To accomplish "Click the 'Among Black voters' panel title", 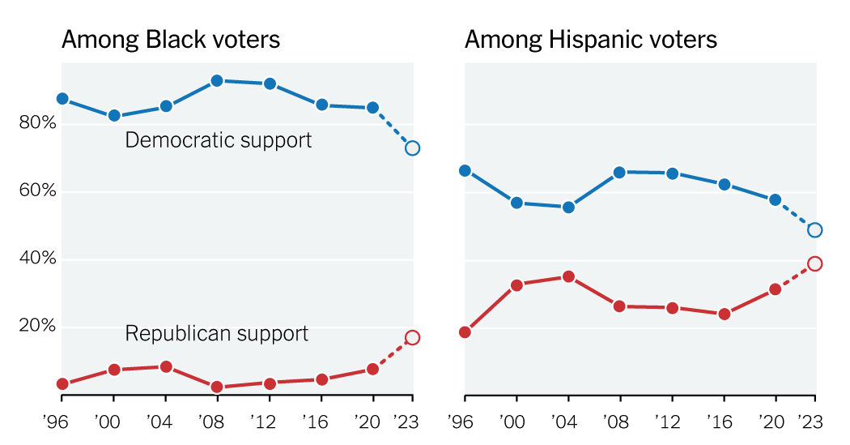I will pos(171,40).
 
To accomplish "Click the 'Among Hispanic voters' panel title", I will pos(590,40).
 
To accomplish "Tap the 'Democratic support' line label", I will pos(218,140).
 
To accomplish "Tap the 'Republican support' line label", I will pos(216,333).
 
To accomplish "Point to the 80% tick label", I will pos(38,124).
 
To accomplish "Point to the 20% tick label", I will pos(38,327).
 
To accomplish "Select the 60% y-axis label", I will pos(38,191).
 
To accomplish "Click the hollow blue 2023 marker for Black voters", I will pos(412,148).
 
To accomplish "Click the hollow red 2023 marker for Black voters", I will pos(412,338).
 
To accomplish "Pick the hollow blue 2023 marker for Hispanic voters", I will pos(815,230).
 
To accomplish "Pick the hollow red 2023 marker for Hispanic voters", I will pos(815,263).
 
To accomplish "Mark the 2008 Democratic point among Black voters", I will pos(217,81).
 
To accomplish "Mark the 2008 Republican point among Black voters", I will pos(217,387).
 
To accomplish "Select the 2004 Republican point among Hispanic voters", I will pos(568,276).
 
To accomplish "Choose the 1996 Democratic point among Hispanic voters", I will pos(465,170).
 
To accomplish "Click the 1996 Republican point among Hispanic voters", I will pos(465,332).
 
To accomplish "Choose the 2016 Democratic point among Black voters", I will pos(321,105).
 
